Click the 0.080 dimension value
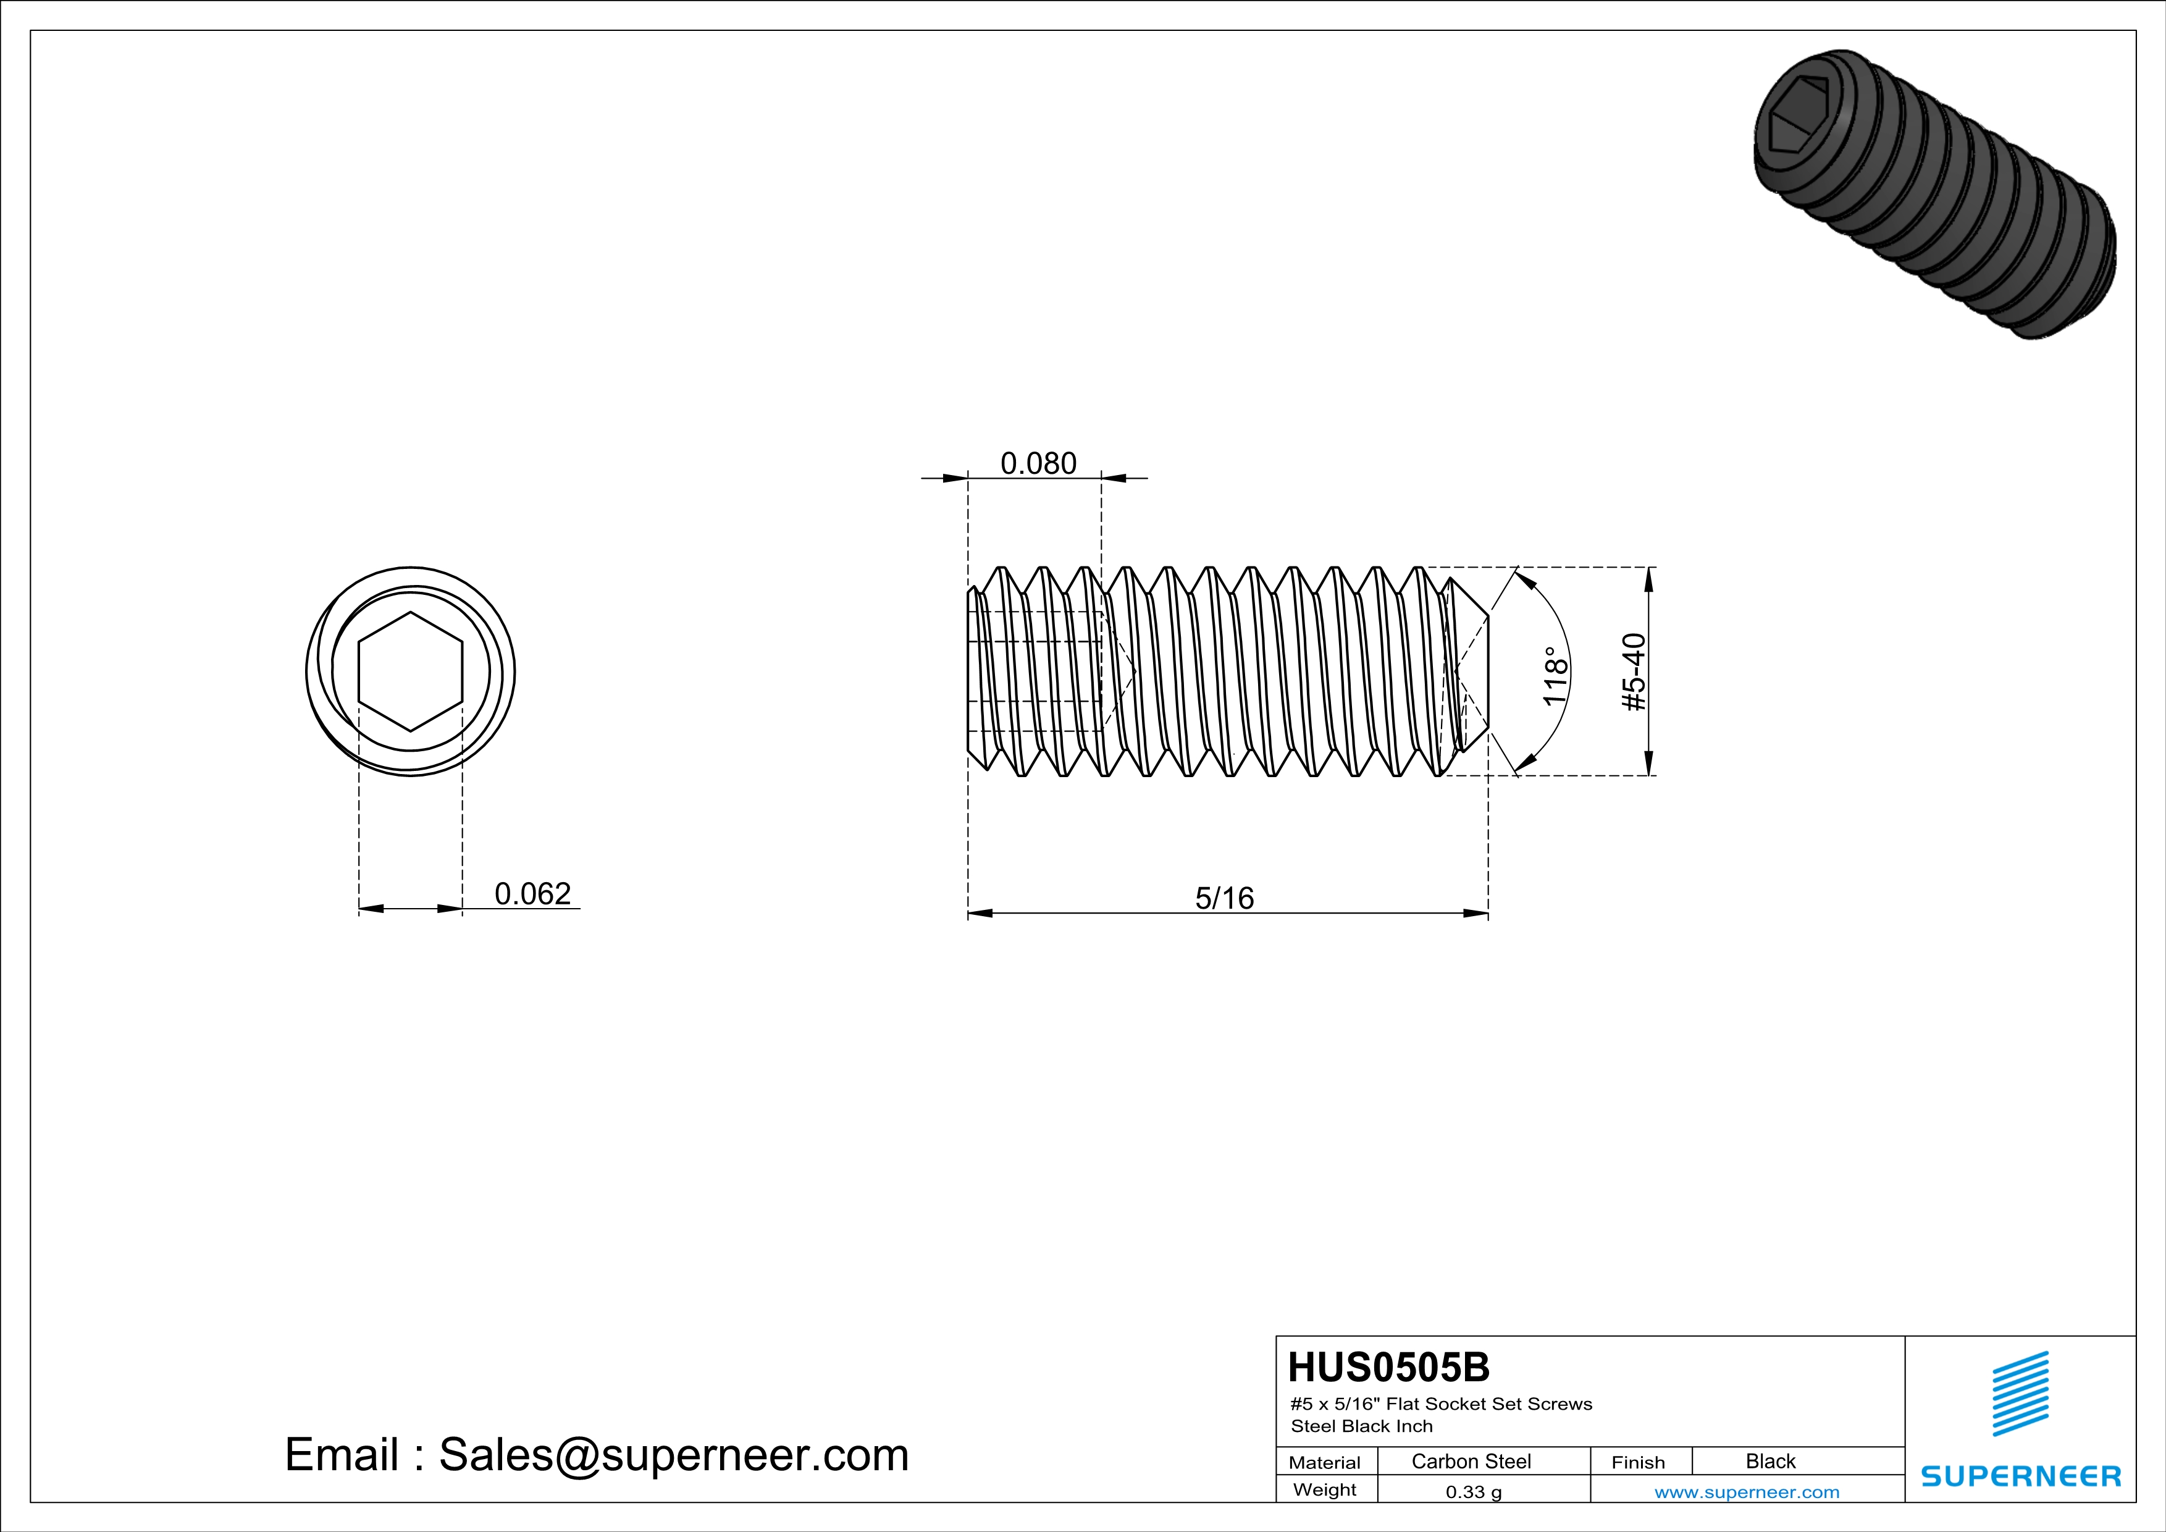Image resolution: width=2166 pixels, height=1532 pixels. (1038, 463)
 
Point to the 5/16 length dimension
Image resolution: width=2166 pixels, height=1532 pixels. (1225, 898)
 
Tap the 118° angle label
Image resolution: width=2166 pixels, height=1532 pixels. (1555, 675)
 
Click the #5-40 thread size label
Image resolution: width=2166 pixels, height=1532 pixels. (1634, 671)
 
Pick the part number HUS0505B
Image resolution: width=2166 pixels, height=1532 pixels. (1388, 1367)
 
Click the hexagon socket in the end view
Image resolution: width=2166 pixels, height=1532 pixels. (410, 671)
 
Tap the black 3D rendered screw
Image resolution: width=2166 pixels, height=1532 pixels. (1934, 193)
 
